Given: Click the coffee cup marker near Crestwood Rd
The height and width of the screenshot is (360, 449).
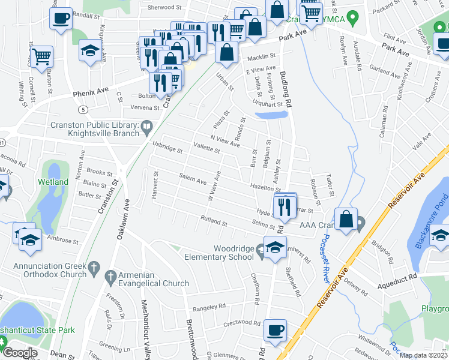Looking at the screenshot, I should click(276, 329).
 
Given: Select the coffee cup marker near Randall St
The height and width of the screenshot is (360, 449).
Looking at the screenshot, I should click(61, 17).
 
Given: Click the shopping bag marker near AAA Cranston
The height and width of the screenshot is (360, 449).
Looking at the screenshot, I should click(346, 219).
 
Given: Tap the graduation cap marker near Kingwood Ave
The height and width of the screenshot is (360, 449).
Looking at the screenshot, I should click(89, 50).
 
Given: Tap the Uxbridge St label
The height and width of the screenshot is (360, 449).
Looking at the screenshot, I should click(167, 146).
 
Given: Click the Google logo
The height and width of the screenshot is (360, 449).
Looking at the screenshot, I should click(20, 353).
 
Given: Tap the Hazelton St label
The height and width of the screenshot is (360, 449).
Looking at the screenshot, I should click(266, 188).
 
